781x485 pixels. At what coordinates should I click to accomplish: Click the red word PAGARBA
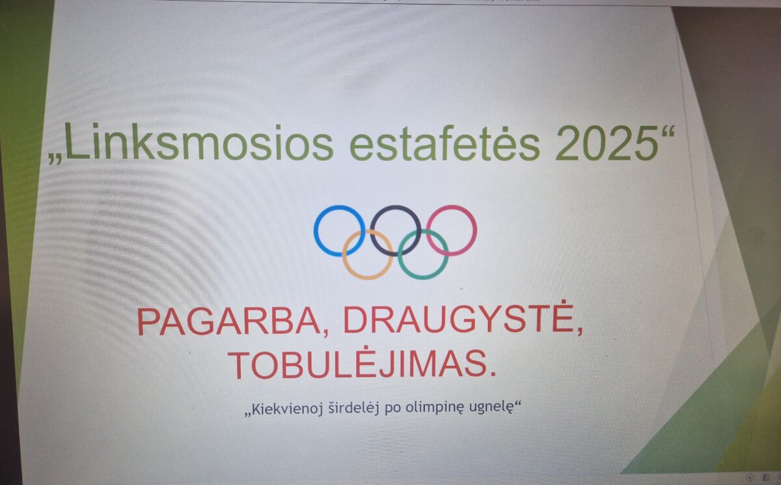pos(228,322)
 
